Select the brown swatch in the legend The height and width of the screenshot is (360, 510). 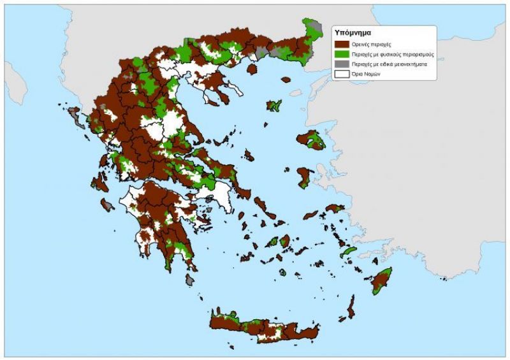[x=342, y=45]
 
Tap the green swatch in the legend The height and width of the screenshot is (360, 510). [x=342, y=54]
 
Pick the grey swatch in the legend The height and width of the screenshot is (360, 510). [x=342, y=64]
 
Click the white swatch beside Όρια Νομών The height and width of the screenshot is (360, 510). [x=342, y=74]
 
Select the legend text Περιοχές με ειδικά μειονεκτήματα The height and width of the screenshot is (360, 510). [x=389, y=64]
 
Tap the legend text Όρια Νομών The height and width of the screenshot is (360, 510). [x=368, y=74]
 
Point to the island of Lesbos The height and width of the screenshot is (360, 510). [x=312, y=140]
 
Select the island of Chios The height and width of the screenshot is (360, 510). [x=305, y=177]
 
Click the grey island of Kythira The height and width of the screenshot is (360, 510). [x=190, y=280]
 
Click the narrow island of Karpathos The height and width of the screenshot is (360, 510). [x=351, y=307]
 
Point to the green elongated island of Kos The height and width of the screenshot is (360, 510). [x=349, y=252]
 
